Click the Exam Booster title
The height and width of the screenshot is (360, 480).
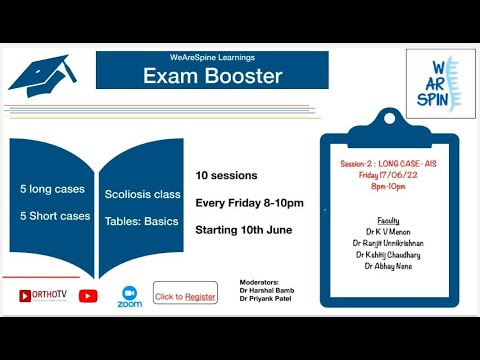212,76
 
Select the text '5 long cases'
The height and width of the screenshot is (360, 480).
51,189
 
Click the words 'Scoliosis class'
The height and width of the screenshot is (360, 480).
142,195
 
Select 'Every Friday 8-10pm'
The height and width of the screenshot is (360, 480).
249,203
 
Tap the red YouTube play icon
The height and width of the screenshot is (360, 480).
88,296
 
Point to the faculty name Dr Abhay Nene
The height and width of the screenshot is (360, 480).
389,266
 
